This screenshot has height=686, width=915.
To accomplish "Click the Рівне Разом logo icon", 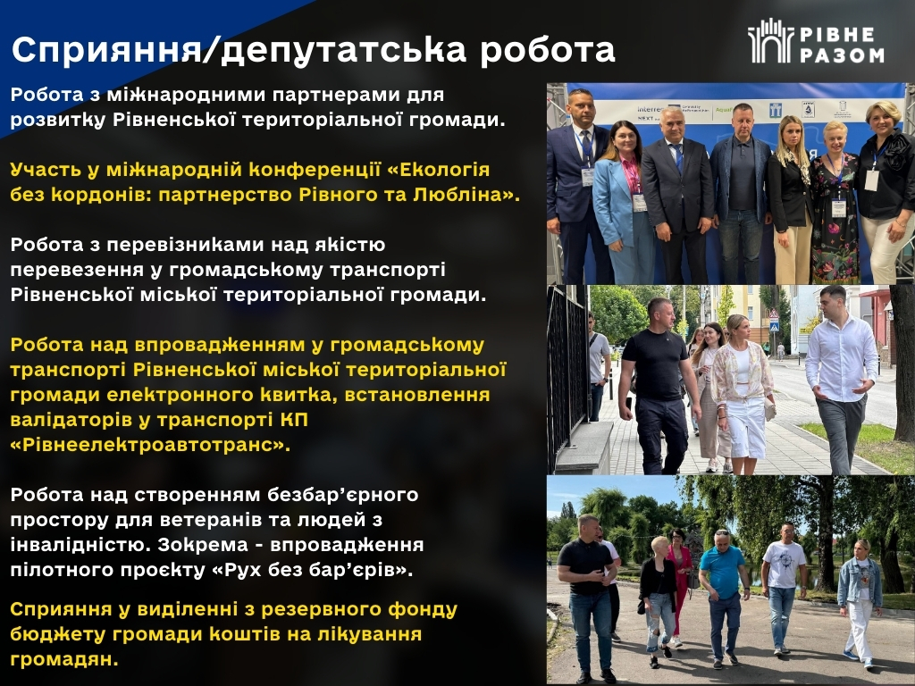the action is [769, 41].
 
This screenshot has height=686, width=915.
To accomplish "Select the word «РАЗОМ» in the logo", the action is [842, 54].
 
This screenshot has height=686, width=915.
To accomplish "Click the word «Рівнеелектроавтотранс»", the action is [149, 445].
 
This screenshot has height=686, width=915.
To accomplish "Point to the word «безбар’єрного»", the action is [342, 495].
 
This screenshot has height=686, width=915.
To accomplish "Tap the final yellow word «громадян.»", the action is [64, 659].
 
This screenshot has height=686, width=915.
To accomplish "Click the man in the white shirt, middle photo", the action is [841, 379].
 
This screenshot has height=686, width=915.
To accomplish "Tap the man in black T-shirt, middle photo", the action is [657, 385].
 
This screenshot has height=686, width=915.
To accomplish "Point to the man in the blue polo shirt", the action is [724, 598].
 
